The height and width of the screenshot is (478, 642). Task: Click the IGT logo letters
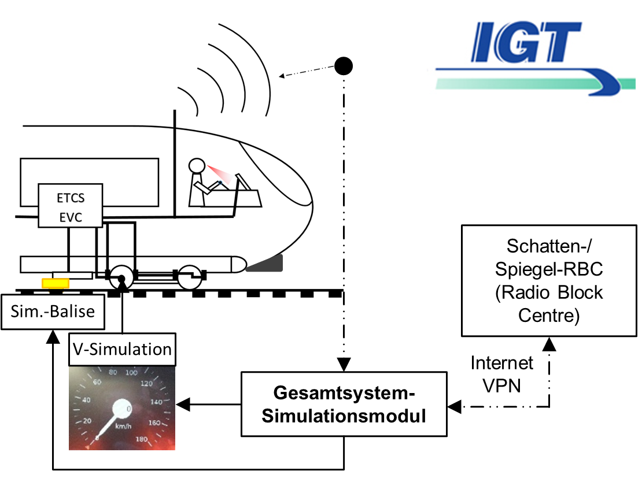(x=526, y=42)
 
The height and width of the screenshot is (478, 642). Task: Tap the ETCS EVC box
(x=71, y=205)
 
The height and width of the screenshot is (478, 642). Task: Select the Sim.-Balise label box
(x=53, y=312)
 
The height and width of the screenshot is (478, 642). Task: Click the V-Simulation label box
(x=122, y=350)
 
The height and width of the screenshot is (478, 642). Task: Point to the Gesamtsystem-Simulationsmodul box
(x=344, y=404)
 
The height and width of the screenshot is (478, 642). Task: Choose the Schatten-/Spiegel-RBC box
(x=549, y=281)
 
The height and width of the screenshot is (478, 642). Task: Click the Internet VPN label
(x=501, y=374)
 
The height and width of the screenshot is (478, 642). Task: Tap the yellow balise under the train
(x=56, y=283)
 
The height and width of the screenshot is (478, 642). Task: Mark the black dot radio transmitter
(x=344, y=66)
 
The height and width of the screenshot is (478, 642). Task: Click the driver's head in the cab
(x=197, y=165)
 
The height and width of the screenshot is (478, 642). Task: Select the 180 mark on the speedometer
(x=142, y=439)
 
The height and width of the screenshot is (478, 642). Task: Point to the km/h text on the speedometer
(x=123, y=427)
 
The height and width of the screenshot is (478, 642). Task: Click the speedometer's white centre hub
(x=122, y=409)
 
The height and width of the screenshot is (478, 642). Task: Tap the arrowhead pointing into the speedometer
(x=183, y=405)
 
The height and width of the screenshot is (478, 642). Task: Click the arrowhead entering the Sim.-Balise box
(x=53, y=336)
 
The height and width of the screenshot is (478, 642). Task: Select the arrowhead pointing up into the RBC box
(x=549, y=344)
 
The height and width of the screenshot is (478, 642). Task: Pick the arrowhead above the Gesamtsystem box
(x=344, y=365)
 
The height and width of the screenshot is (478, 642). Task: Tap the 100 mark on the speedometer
(x=131, y=372)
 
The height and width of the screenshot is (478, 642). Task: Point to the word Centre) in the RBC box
(x=549, y=316)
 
